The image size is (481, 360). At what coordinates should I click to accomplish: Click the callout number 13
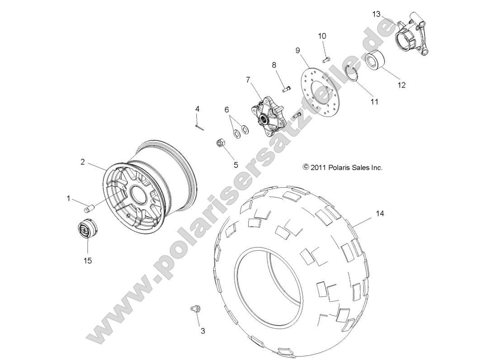point(376,14)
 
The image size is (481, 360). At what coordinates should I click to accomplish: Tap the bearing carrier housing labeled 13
point(410,38)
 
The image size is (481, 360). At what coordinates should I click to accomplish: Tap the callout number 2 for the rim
point(83,162)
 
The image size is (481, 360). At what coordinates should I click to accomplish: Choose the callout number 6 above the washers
point(227,110)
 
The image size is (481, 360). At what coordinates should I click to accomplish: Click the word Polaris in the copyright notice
point(339,168)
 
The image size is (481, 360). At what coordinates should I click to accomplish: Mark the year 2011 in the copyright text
point(318,168)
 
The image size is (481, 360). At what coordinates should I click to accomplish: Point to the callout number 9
point(298,50)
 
